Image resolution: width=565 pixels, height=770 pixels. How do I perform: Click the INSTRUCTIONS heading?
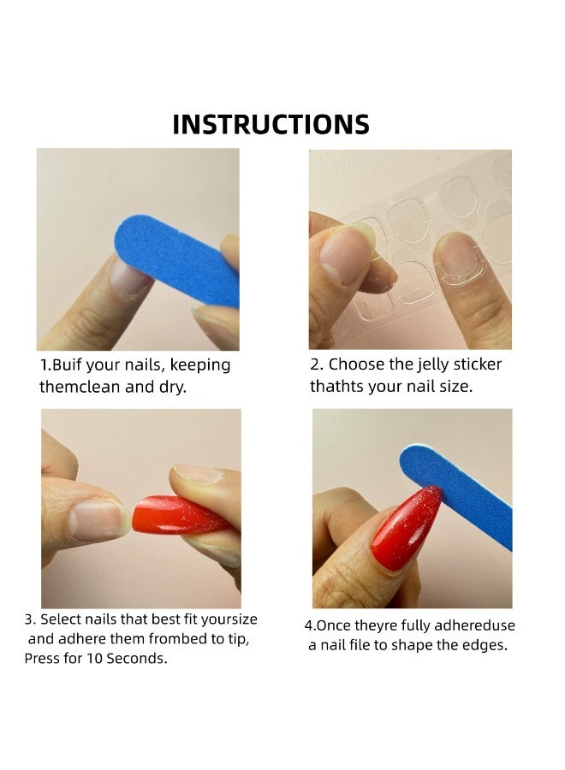pyautogui.click(x=271, y=124)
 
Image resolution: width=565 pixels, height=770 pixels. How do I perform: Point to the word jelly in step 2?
pyautogui.click(x=439, y=364)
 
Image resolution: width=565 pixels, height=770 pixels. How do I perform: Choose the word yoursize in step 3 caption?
pyautogui.click(x=229, y=619)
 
